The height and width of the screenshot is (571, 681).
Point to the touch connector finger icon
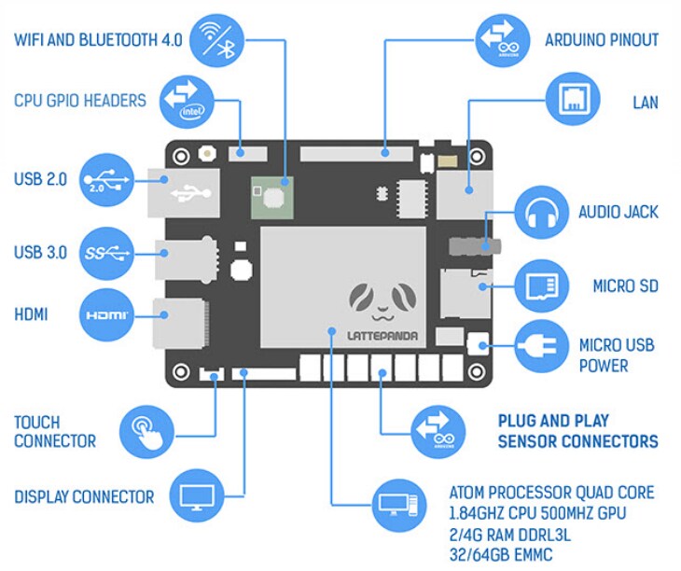click(x=146, y=432)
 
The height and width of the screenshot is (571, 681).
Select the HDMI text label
click(x=32, y=315)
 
